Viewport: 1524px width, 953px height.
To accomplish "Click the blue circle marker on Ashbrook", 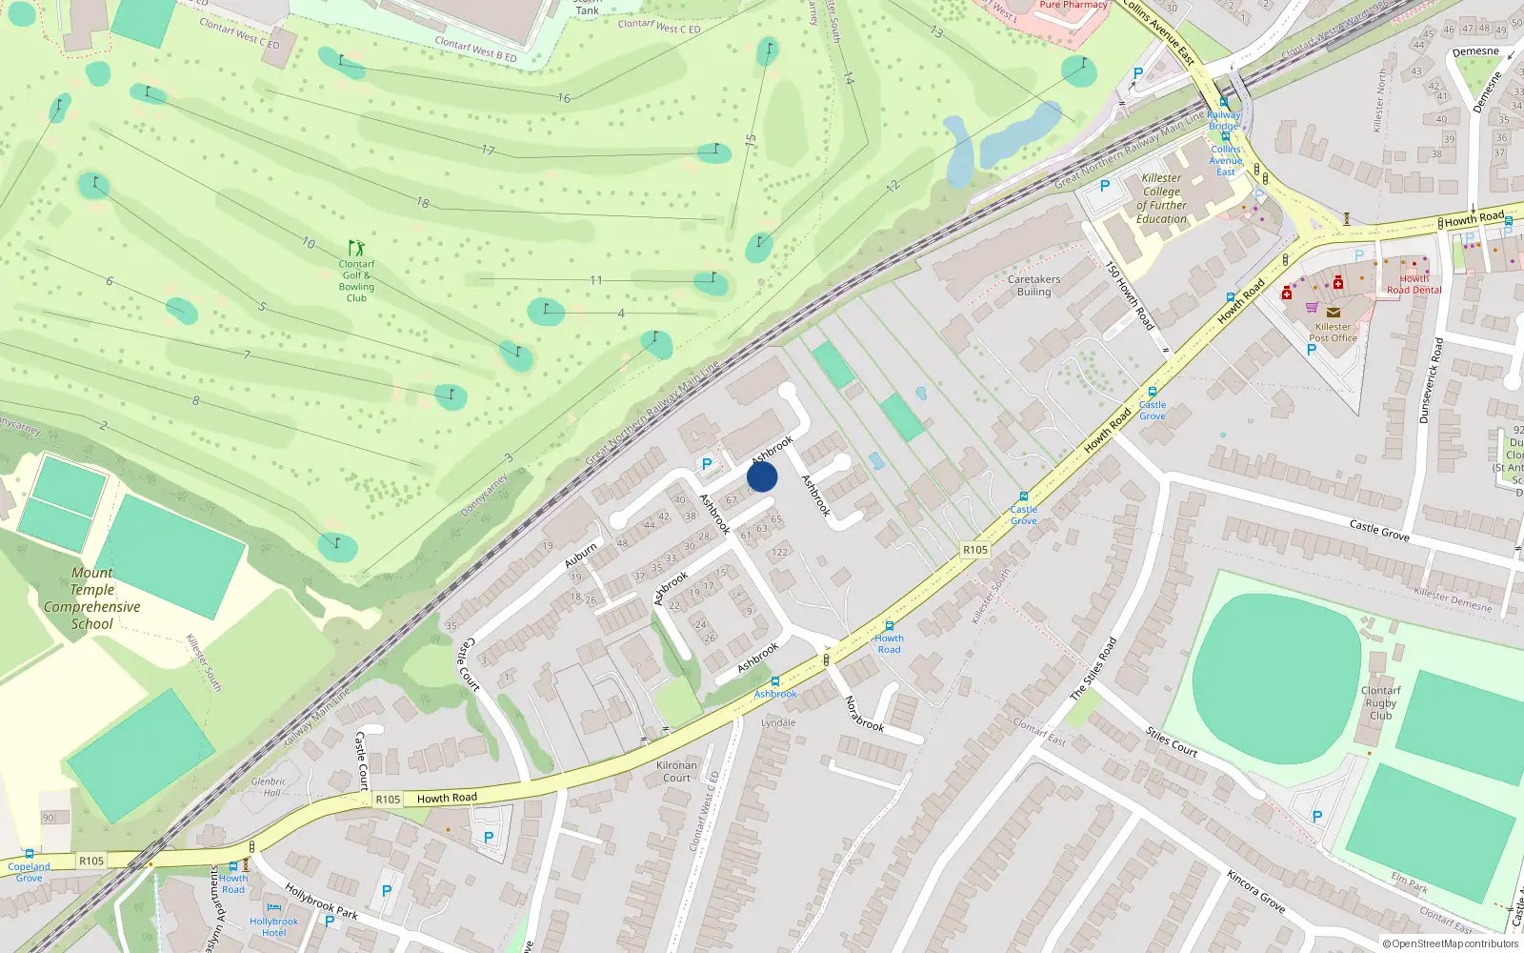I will point(762,476).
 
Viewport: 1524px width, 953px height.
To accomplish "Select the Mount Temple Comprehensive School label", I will point(91,598).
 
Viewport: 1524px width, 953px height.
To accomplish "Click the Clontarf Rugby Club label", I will point(1380,703).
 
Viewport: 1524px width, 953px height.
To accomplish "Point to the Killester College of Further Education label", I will point(1161,198).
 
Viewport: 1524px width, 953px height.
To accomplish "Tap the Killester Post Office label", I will point(1333,332).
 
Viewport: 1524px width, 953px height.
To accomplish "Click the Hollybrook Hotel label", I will point(273,926).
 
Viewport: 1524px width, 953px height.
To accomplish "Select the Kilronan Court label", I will point(676,771).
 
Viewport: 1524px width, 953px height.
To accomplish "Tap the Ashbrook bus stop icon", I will point(775,681).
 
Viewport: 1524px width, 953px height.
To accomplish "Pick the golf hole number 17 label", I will point(488,151).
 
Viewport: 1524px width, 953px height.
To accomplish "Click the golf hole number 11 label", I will point(595,280).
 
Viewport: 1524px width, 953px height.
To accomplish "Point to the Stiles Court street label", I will point(1172,741).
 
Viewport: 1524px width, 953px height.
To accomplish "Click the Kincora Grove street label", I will point(1255,891).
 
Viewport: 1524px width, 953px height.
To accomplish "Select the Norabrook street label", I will point(865,714).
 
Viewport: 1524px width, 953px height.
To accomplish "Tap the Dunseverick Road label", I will point(1432,380).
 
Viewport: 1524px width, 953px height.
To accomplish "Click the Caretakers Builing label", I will point(1033,286).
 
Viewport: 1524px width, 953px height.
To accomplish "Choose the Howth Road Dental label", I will point(1414,284).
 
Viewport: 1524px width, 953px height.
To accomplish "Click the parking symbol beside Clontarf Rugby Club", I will point(1317,817).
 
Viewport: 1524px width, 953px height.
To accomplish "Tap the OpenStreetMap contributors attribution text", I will point(1450,944).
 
